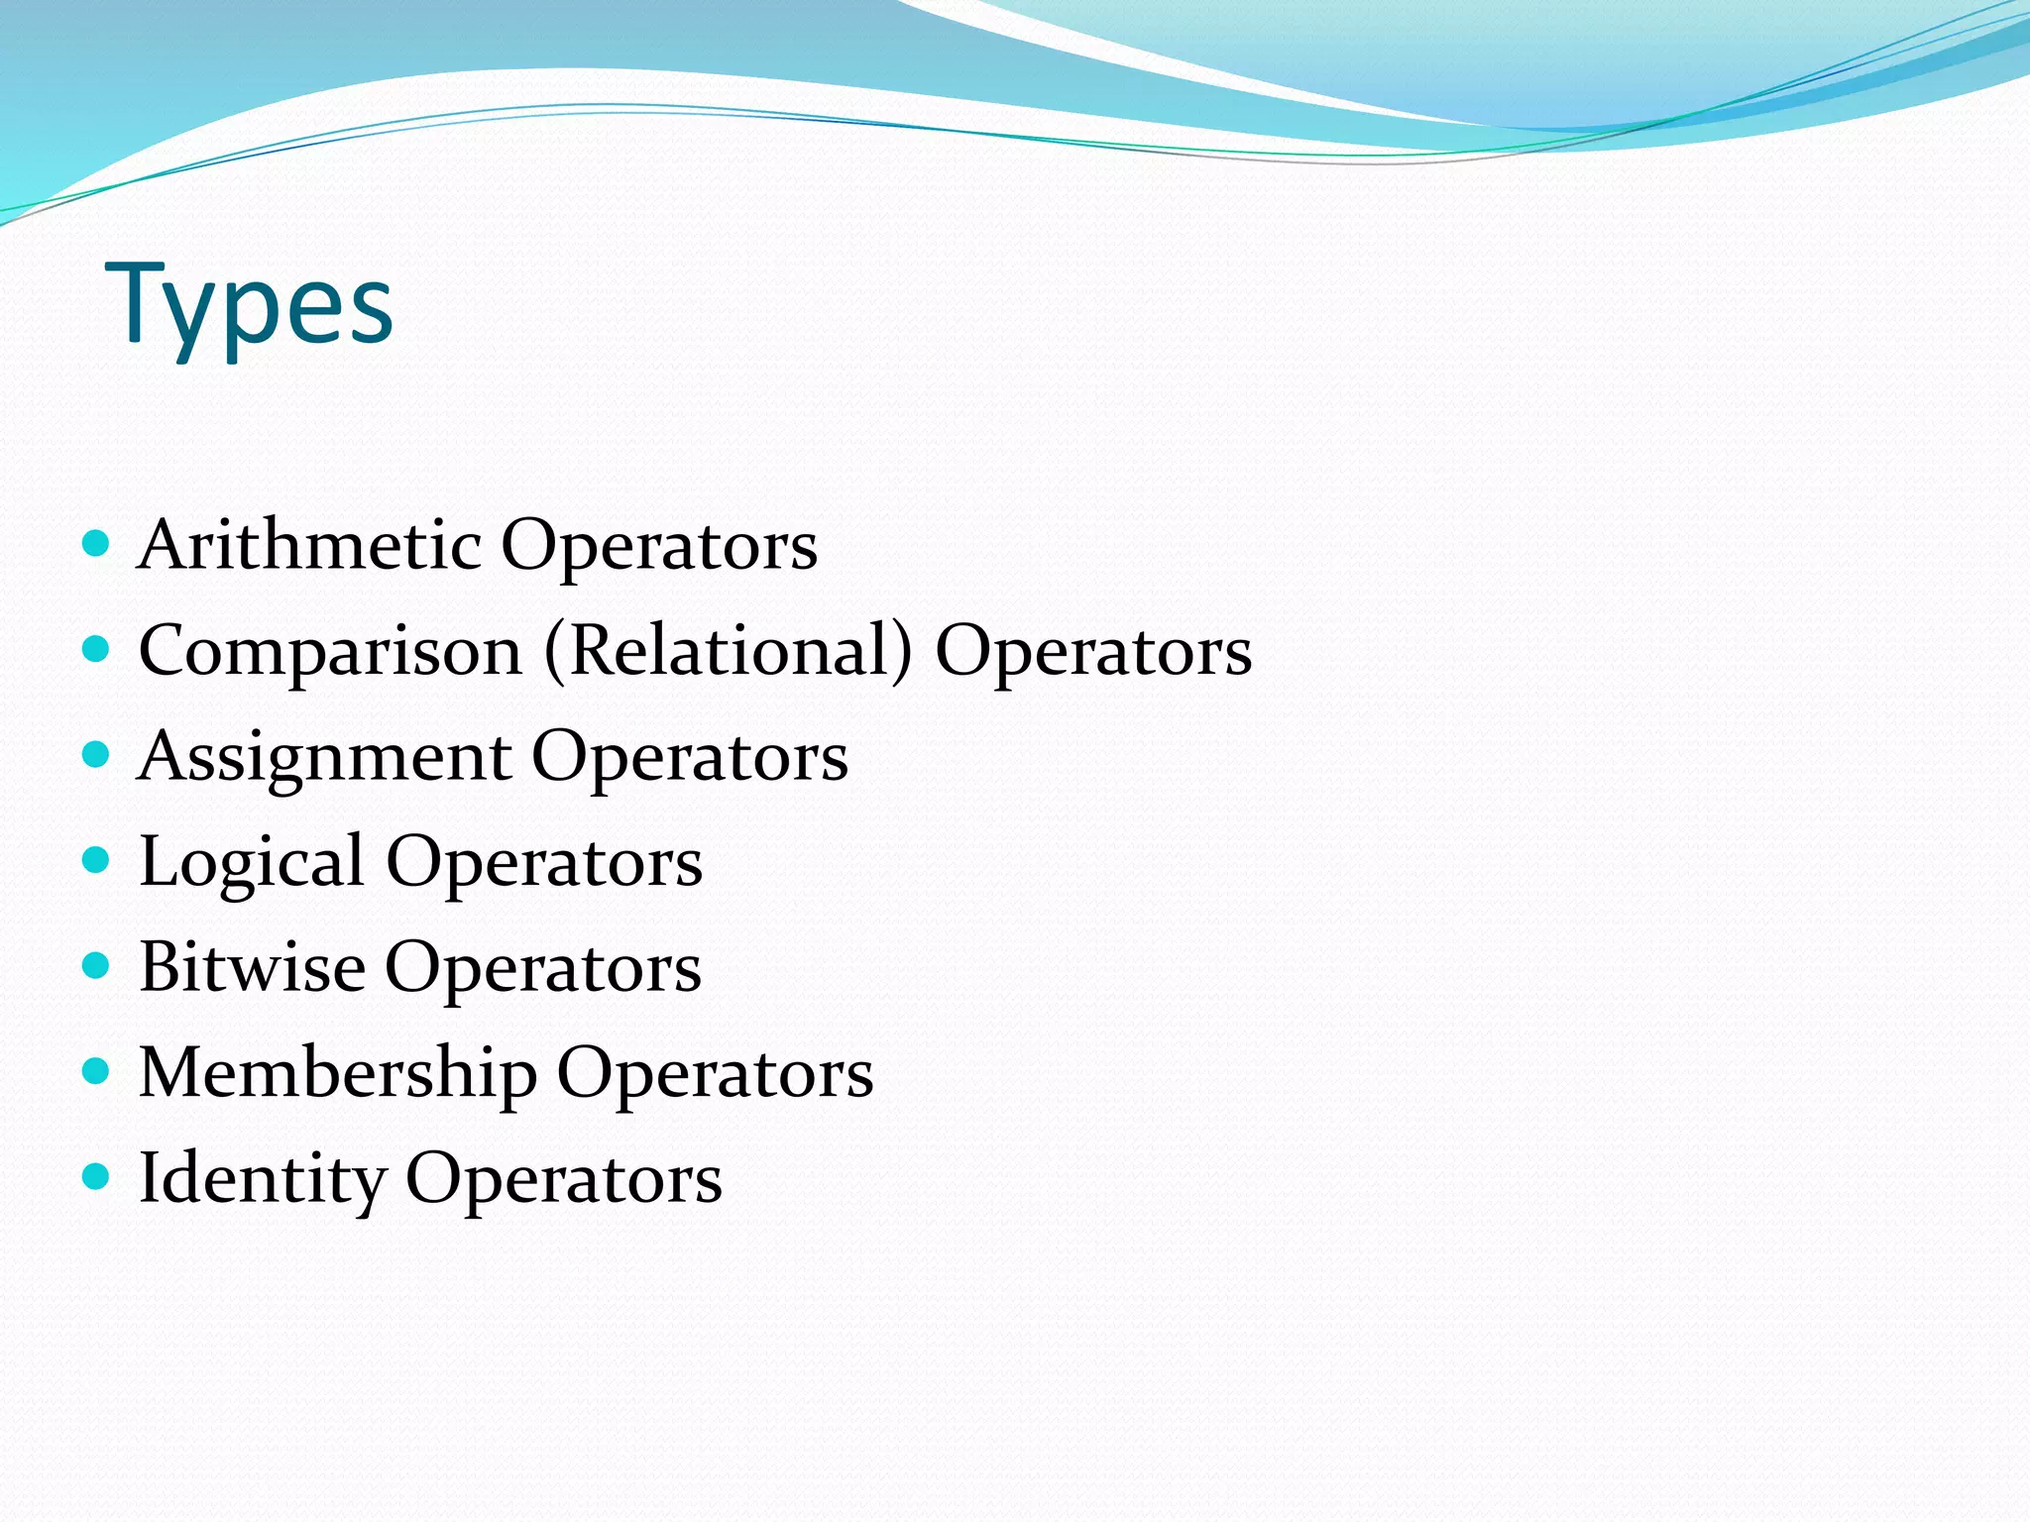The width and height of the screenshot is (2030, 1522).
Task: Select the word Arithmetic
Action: pyautogui.click(x=309, y=545)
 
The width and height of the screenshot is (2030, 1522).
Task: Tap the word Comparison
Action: pyautogui.click(x=330, y=651)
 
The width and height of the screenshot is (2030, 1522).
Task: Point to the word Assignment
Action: pyautogui.click(x=324, y=757)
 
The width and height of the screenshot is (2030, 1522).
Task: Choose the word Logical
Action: pyautogui.click(x=251, y=862)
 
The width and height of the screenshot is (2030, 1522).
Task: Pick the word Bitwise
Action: pyautogui.click(x=252, y=967)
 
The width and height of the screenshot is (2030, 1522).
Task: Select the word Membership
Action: pyautogui.click(x=337, y=1072)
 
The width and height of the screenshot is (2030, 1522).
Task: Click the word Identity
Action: pyautogui.click(x=263, y=1179)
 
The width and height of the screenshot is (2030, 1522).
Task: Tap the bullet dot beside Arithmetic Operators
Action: pyautogui.click(x=95, y=543)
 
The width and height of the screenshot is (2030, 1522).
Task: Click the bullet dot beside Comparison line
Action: pyautogui.click(x=95, y=649)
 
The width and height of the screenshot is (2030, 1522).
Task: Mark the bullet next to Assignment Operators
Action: pyautogui.click(x=95, y=755)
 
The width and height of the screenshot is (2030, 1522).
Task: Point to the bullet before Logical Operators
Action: pyautogui.click(x=95, y=860)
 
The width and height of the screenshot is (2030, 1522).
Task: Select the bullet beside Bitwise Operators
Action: pyautogui.click(x=95, y=965)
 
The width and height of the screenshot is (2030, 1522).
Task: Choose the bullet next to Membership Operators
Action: pyautogui.click(x=95, y=1071)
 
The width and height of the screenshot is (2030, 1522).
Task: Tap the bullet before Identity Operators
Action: pyautogui.click(x=95, y=1176)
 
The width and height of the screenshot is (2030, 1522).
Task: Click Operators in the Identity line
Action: pyautogui.click(x=564, y=1179)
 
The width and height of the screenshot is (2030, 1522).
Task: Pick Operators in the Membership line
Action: pyautogui.click(x=715, y=1074)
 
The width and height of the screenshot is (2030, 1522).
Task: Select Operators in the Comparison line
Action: pyautogui.click(x=1093, y=653)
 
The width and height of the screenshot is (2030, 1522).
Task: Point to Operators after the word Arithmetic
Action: pyautogui.click(x=659, y=547)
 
